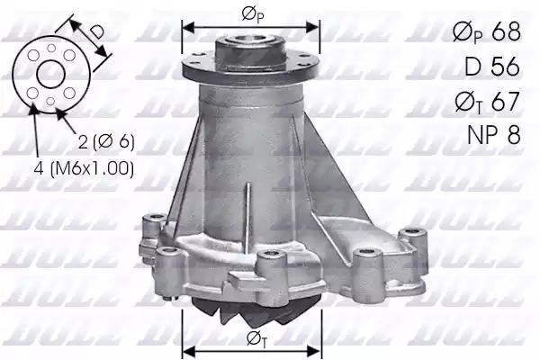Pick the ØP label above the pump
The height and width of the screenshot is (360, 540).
pyautogui.click(x=252, y=13)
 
